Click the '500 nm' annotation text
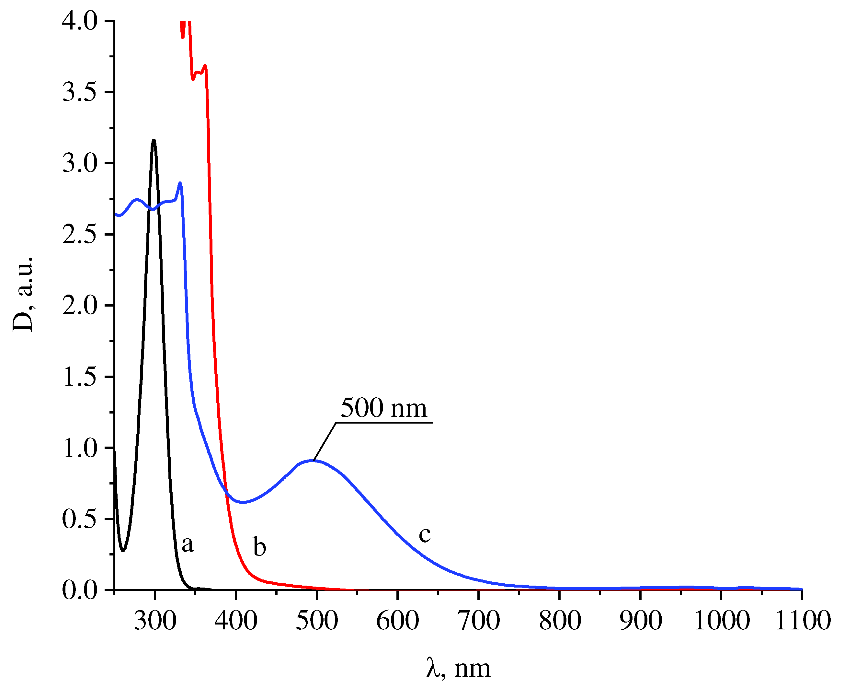click(x=383, y=408)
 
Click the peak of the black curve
click(x=154, y=140)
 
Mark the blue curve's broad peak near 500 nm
click(x=313, y=461)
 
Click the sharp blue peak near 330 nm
click(x=180, y=183)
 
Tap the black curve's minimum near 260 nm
click(x=123, y=551)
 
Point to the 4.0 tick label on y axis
click(x=80, y=21)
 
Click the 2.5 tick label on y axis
click(x=80, y=235)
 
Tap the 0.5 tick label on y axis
click(x=80, y=519)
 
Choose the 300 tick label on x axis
click(x=155, y=620)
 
